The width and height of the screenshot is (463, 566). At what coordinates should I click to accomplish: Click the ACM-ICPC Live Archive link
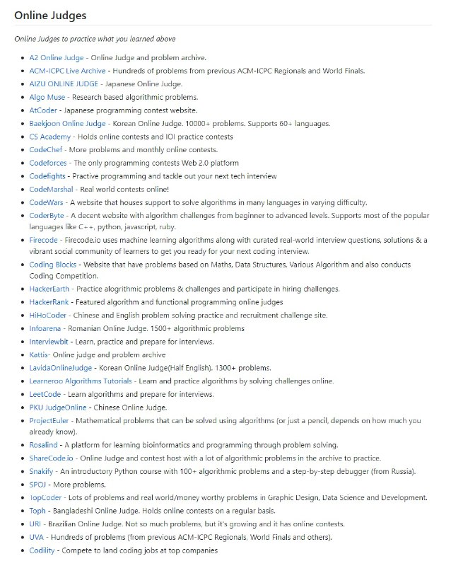point(68,70)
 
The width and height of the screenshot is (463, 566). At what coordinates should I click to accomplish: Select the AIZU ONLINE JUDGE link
point(64,83)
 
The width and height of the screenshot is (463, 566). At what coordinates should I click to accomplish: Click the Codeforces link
point(48,163)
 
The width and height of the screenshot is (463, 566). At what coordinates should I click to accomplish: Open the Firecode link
point(44,241)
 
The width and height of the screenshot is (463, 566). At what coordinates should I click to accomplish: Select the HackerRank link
point(49,302)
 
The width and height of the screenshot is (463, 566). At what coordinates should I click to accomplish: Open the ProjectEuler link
point(48,420)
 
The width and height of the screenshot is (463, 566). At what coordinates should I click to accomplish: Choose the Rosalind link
point(44,445)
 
